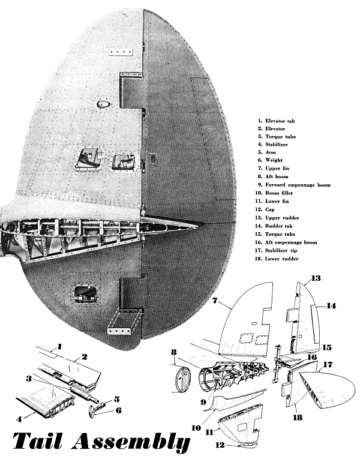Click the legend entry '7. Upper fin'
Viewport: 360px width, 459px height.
[x=277, y=169]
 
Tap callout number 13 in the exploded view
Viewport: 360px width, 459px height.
[x=316, y=278]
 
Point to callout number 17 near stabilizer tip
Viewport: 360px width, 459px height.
[x=328, y=364]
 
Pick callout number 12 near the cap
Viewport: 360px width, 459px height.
[x=221, y=445]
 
